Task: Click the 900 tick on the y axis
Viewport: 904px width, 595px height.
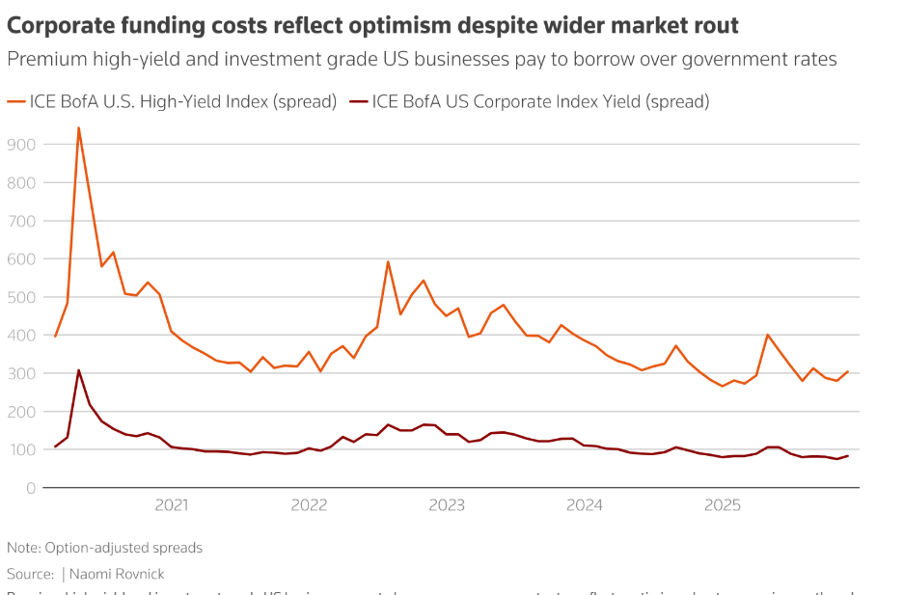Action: (x=20, y=145)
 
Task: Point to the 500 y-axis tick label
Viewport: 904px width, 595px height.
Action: (x=20, y=297)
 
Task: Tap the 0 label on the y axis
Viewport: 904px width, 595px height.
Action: (x=31, y=488)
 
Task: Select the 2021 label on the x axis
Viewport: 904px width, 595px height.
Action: (x=172, y=504)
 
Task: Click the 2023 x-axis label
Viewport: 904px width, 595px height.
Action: (x=447, y=504)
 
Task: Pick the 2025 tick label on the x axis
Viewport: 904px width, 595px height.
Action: (x=722, y=504)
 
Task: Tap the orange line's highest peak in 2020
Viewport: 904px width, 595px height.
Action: (x=78, y=127)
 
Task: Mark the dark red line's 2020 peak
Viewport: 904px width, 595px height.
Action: (x=78, y=370)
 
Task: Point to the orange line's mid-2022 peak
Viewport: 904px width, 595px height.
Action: (x=388, y=261)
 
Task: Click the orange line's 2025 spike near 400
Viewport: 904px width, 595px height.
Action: (x=767, y=335)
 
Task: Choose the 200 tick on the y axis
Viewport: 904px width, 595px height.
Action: (x=20, y=412)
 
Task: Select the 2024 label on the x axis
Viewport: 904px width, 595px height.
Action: (x=585, y=504)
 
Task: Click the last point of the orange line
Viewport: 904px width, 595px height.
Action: (x=848, y=372)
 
